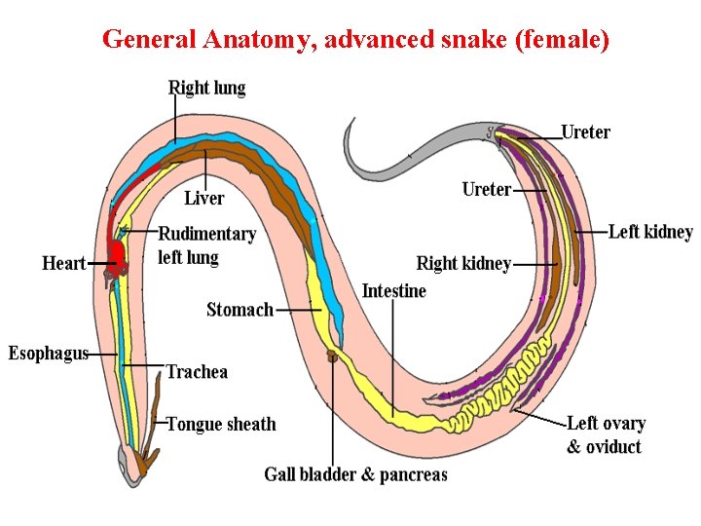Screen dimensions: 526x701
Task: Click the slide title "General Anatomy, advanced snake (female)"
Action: click(355, 40)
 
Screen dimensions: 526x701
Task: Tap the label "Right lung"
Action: click(206, 88)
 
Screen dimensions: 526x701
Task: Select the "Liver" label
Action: click(204, 199)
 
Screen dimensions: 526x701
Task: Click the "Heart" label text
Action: click(64, 263)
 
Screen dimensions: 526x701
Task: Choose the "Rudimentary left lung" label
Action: click(206, 245)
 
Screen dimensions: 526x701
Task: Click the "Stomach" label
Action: click(240, 310)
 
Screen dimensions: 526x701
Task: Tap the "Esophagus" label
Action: click(49, 353)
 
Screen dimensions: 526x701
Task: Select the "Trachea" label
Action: click(197, 371)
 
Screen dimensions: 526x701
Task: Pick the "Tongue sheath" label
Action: click(221, 424)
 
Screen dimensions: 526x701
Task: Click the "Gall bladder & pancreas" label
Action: click(355, 474)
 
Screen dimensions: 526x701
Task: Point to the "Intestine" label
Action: click(393, 290)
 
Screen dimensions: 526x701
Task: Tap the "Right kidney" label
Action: click(463, 263)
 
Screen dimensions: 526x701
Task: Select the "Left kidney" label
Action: click(650, 232)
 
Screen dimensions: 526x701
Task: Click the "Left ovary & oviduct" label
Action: click(605, 434)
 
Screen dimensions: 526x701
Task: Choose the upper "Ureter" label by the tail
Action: click(585, 132)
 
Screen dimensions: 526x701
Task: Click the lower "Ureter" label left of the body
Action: click(486, 189)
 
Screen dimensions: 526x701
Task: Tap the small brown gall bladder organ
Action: click(332, 356)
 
